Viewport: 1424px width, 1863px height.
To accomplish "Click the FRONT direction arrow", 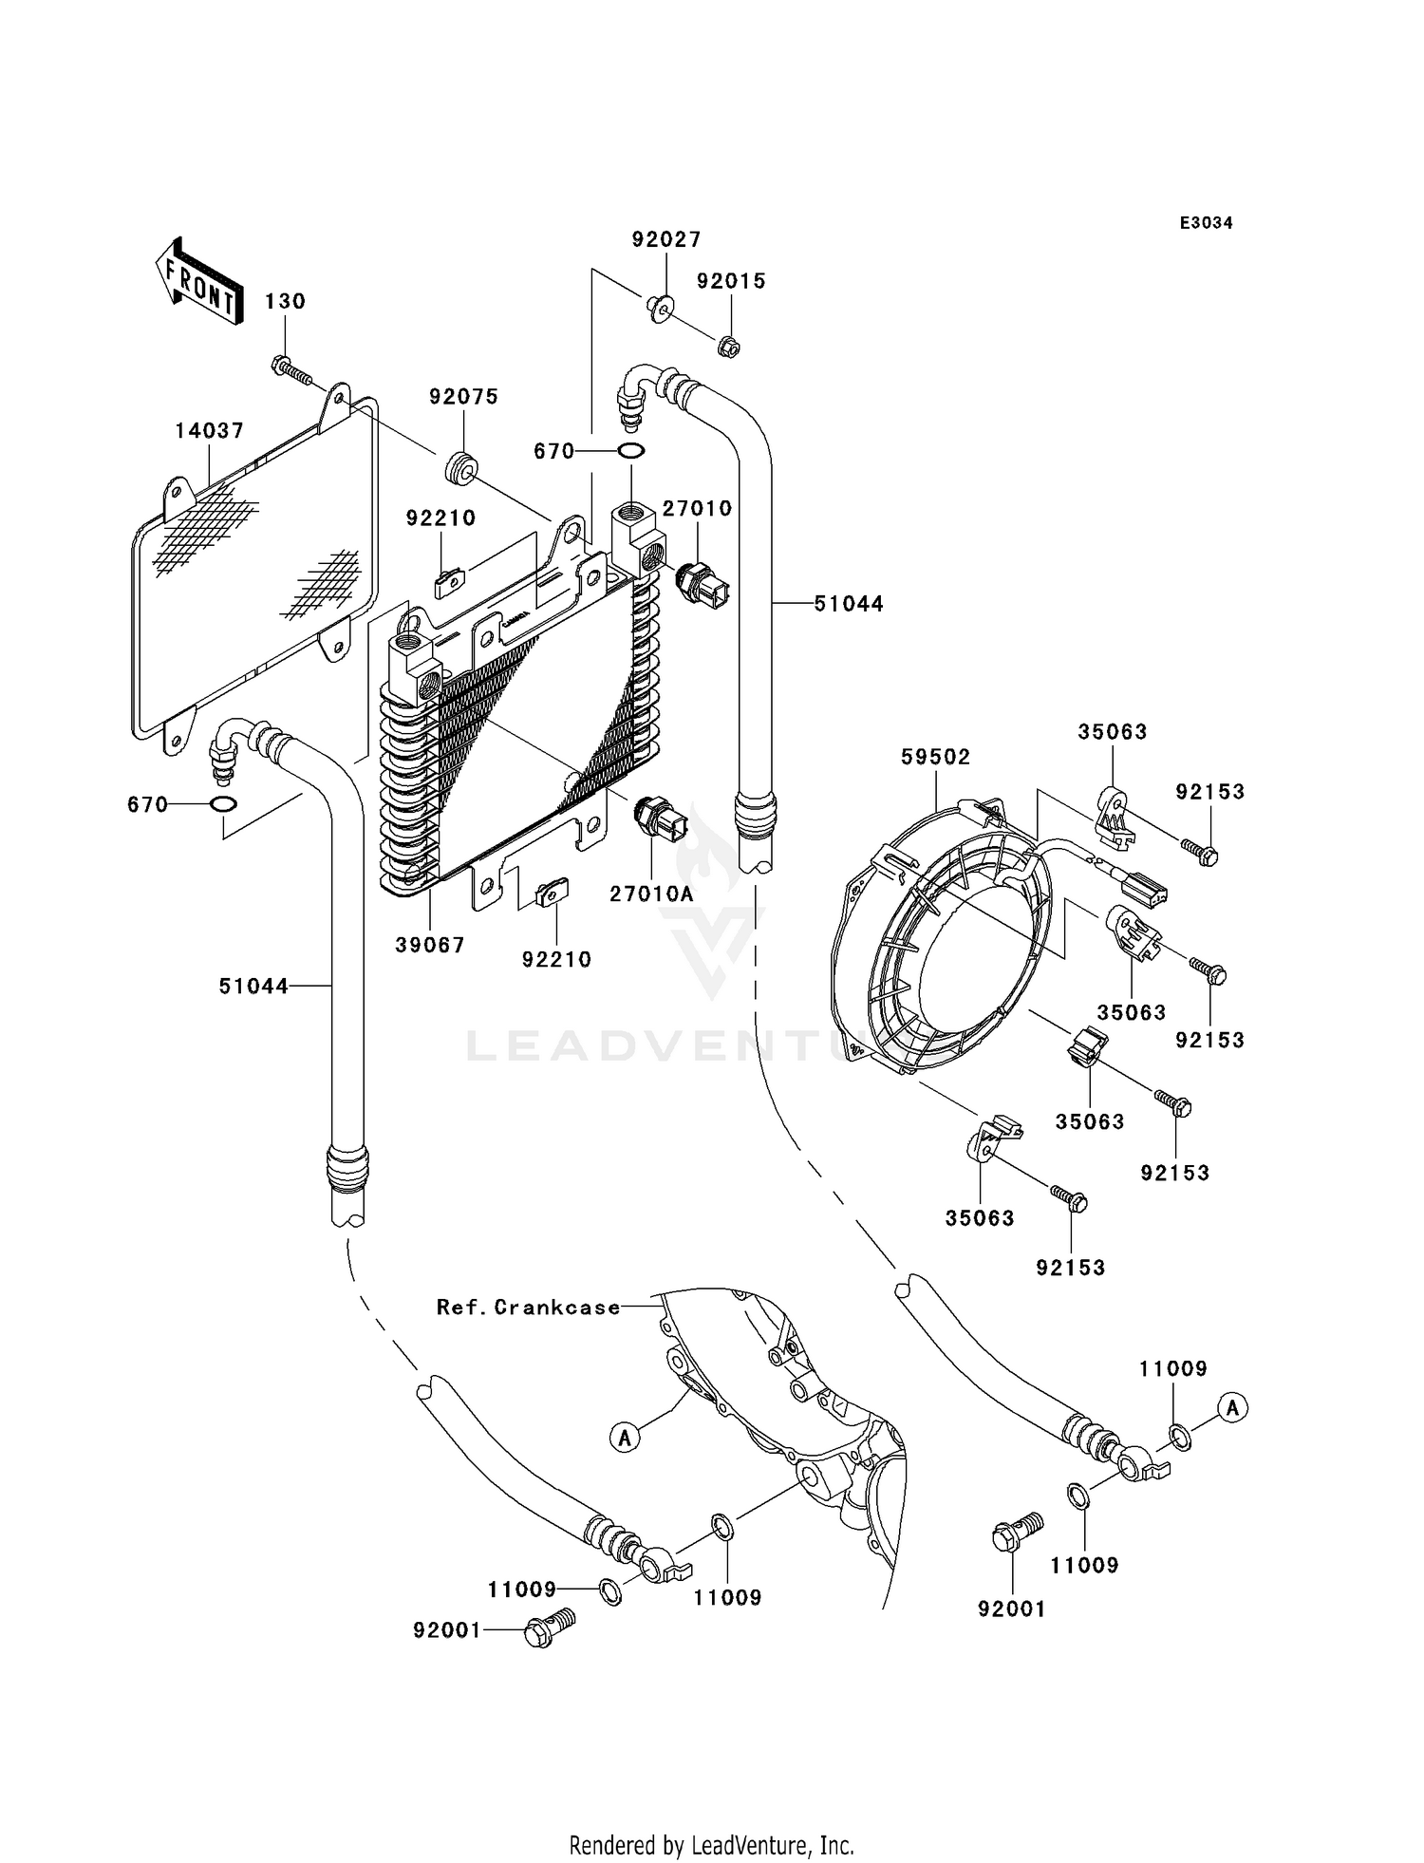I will tap(197, 282).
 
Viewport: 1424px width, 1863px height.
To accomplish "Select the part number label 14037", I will tap(209, 431).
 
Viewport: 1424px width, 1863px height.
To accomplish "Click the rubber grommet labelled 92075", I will tap(461, 466).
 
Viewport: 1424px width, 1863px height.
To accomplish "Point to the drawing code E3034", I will tap(1206, 223).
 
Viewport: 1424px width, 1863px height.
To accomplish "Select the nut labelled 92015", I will tap(728, 348).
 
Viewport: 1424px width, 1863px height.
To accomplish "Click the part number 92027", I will tap(665, 240).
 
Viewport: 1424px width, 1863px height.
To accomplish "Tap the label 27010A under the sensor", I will tap(651, 894).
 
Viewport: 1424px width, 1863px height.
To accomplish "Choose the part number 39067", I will tap(429, 945).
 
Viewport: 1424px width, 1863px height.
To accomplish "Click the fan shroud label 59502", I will tap(935, 757).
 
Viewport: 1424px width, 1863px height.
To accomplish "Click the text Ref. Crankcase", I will tap(528, 1308).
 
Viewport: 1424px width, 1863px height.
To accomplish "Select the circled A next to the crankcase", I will tap(624, 1439).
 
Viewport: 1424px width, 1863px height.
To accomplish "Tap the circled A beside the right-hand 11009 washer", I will tap(1232, 1407).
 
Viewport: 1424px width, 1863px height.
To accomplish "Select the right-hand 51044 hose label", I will tap(848, 604).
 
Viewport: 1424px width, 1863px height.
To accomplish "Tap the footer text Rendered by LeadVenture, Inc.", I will tap(711, 1845).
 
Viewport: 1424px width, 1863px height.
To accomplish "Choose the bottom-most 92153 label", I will tap(1070, 1268).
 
